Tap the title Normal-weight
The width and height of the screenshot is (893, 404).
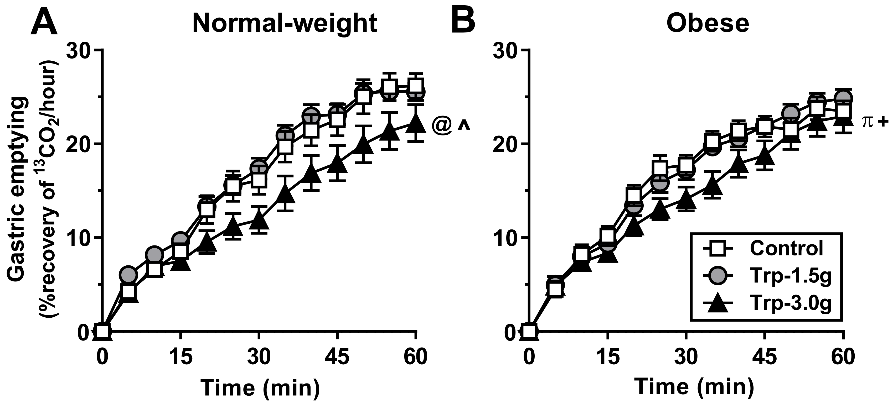pyautogui.click(x=285, y=24)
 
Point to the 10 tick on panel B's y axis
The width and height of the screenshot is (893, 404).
pyautogui.click(x=507, y=238)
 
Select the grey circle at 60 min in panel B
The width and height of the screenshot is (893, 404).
pyautogui.click(x=843, y=99)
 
